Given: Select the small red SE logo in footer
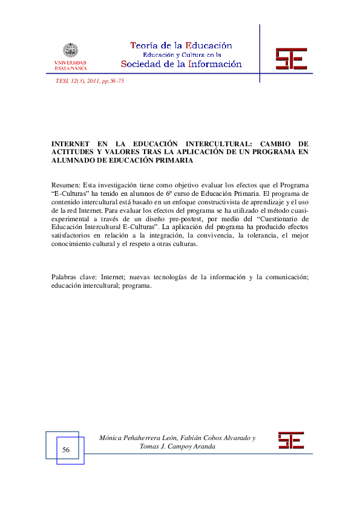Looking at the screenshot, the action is (x=290, y=440).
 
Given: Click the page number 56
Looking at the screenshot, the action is (x=66, y=450).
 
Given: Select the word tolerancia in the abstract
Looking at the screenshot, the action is (x=253, y=236).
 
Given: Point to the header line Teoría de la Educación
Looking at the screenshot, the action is (x=181, y=45).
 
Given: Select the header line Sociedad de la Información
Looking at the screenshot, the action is (x=181, y=64).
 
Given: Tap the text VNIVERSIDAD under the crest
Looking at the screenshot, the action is (x=70, y=63).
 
